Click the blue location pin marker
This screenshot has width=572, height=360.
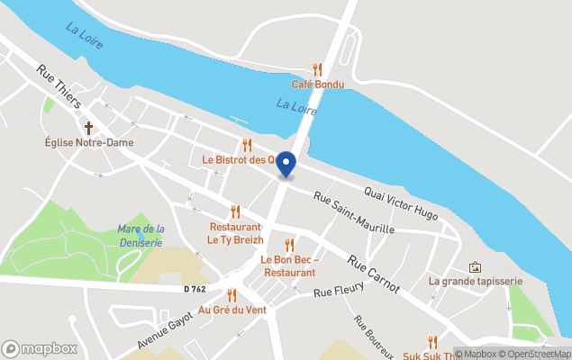point(286,164)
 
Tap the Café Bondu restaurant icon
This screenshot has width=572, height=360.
point(316,69)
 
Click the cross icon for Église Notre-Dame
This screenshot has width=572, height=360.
point(88,128)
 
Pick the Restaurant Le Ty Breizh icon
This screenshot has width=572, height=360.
point(235,211)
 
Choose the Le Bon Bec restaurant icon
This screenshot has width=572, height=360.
point(289,245)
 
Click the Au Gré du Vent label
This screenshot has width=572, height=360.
point(232,310)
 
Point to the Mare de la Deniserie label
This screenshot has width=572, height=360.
point(141,235)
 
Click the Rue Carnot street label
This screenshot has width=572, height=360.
point(373,269)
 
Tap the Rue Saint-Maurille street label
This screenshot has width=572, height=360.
point(354,212)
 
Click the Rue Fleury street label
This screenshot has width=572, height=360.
point(338,290)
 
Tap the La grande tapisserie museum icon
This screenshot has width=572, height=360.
point(476,267)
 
